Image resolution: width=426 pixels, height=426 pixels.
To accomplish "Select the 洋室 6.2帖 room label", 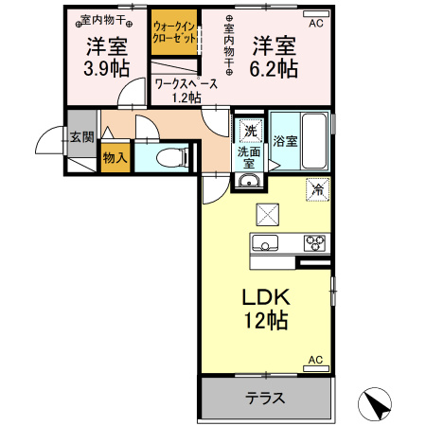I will tap(275, 56).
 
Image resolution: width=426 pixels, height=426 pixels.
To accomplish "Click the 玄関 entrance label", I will tap(81, 136).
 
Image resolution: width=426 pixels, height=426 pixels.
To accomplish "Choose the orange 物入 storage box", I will tap(115, 158).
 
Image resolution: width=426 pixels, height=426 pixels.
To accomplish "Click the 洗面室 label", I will tap(249, 156).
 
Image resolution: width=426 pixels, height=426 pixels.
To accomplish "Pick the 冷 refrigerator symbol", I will tap(316, 188).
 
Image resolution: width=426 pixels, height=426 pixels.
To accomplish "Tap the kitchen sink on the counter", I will tap(265, 242).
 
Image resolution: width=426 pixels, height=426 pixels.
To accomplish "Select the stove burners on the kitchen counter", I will tap(314, 242).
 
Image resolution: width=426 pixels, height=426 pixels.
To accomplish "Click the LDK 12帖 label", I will tap(266, 308).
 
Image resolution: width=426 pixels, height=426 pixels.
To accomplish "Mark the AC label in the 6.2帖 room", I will tap(316, 24).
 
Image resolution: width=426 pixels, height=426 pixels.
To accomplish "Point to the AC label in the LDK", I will tap(316, 361).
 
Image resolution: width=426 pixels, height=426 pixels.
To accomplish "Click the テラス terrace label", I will tap(266, 399).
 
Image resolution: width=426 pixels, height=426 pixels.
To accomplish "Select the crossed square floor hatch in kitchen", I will tap(268, 214).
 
